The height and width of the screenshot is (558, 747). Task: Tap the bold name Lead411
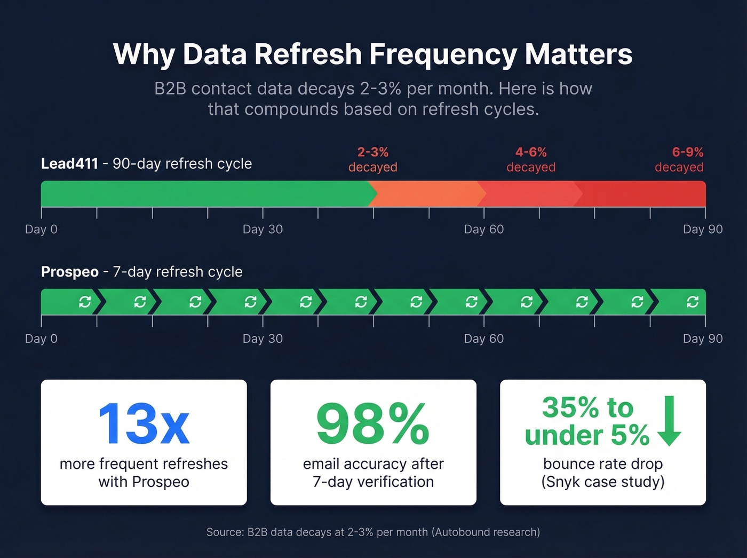[69, 163]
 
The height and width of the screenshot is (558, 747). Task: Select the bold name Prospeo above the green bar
[69, 272]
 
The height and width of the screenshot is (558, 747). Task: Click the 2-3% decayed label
[373, 160]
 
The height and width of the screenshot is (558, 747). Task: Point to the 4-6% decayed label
[531, 160]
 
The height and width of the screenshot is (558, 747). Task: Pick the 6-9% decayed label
[679, 160]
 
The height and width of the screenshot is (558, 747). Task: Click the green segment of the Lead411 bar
[203, 194]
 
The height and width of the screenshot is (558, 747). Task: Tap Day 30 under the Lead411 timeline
[263, 230]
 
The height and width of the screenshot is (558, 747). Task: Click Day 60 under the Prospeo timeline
[483, 339]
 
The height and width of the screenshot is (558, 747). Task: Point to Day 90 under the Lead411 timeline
[702, 230]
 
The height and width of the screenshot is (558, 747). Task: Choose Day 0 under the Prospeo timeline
[41, 339]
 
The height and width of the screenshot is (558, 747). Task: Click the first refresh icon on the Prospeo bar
[85, 302]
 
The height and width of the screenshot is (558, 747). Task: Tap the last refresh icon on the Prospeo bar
[693, 302]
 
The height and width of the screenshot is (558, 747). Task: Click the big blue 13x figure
[144, 424]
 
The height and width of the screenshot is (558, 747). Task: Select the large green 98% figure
[373, 424]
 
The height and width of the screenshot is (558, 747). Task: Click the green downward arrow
[669, 421]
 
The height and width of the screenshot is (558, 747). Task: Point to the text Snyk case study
[603, 482]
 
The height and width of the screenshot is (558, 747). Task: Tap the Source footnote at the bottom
[373, 532]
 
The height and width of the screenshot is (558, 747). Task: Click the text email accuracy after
[373, 463]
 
